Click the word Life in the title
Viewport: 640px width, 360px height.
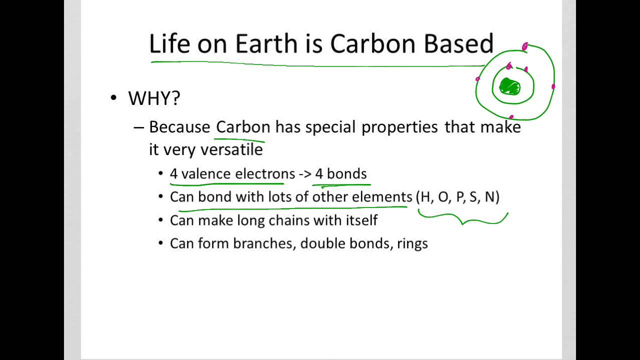169,44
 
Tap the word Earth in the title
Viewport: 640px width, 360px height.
266,44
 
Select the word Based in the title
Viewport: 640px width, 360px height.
459,44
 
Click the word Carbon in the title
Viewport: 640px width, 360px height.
374,44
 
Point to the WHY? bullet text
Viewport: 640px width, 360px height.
154,98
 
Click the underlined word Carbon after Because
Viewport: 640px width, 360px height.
243,127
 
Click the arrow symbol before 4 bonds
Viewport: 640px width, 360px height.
305,174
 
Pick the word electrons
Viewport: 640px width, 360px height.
265,173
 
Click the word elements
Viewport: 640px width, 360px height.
382,197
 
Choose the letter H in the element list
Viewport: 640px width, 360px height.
425,197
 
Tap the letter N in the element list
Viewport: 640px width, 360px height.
489,197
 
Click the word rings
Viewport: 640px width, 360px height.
412,244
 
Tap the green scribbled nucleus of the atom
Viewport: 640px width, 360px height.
510,87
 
